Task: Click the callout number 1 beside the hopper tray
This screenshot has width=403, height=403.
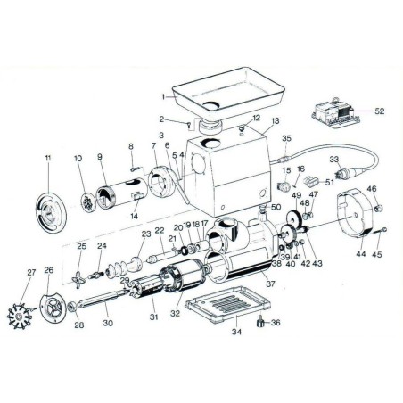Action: click(163, 95)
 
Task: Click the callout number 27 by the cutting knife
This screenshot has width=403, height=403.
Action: click(31, 273)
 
